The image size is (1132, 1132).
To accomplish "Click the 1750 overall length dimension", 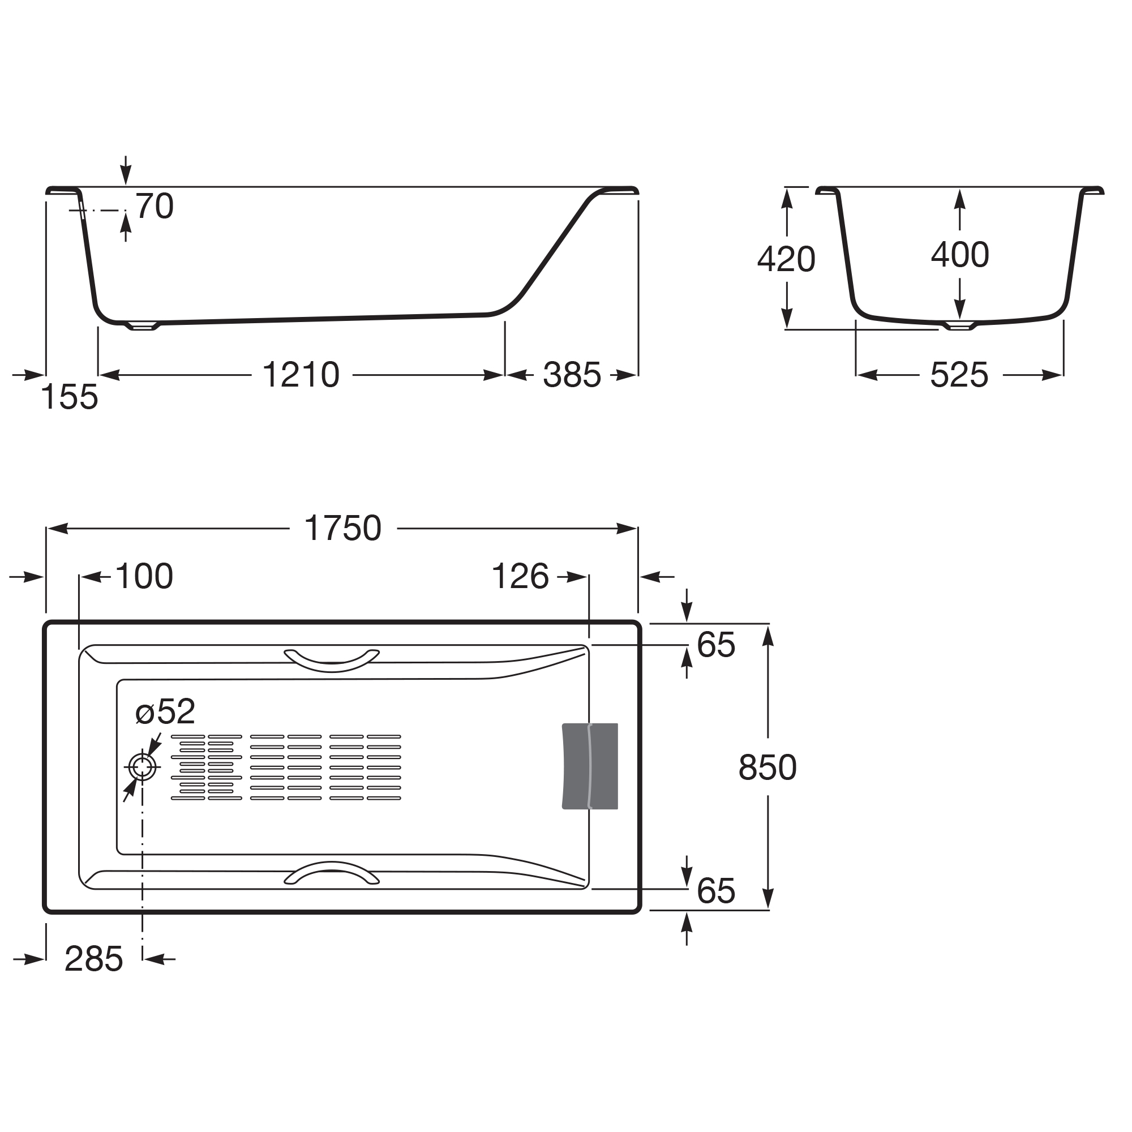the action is (x=343, y=529).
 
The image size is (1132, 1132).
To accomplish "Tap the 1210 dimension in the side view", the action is (x=301, y=375).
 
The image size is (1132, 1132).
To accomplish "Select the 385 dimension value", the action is (x=572, y=375).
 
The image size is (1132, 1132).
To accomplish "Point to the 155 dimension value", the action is (x=70, y=397).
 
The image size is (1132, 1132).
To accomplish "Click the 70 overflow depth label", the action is (x=155, y=206).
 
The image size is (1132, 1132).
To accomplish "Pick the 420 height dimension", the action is (x=786, y=259).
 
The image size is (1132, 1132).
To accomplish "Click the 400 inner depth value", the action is (x=960, y=255).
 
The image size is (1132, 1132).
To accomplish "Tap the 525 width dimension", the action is (x=959, y=375).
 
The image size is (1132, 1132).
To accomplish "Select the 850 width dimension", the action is (x=767, y=767).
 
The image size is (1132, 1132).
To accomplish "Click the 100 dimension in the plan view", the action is (x=144, y=577).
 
